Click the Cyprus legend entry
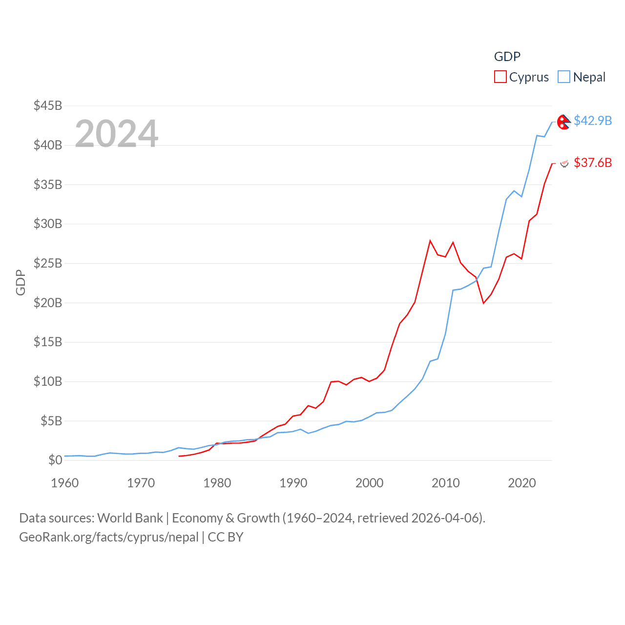coord(521,77)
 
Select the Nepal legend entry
coord(582,77)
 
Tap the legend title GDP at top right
coord(507,57)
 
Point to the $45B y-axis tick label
coord(48,105)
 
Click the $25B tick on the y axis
coord(48,263)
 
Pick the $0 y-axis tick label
coord(55,460)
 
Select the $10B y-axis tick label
coord(48,381)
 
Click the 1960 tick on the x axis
coord(65,483)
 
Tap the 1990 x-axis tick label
coord(293,483)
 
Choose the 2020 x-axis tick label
coord(522,483)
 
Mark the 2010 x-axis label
coord(446,483)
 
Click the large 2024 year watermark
coord(117,133)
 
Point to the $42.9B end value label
coord(593,121)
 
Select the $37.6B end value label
coord(593,163)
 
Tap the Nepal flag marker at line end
coord(564,122)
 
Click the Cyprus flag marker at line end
coord(564,164)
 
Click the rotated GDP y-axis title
coord(21,282)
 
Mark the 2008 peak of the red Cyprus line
coord(430,241)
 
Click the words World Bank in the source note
coord(130,518)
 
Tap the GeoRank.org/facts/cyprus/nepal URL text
coord(109,537)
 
